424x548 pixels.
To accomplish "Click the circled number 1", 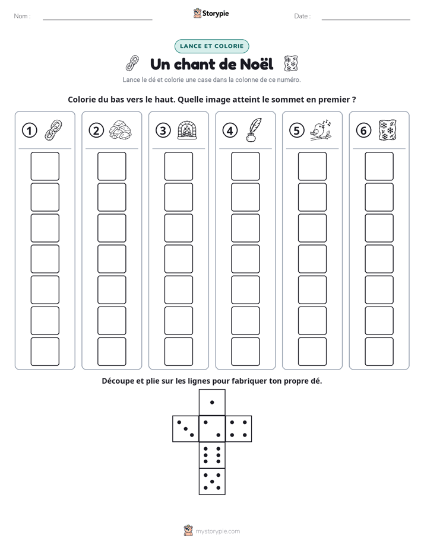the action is pos(29,130).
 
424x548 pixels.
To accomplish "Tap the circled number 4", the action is pos(230,130).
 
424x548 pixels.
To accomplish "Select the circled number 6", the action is pos(363,130).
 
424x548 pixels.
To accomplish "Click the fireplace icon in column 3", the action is pos(187,130).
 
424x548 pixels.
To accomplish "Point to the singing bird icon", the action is pos(321,130).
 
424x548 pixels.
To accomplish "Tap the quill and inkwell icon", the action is pos(254,130).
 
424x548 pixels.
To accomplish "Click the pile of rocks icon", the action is pos(121,130).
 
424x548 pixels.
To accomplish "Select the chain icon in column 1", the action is pos(53,130).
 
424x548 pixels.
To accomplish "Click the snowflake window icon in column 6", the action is pos(388,130).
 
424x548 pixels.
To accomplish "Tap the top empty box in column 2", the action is pos(112,166).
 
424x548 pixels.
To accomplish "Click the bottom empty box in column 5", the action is pos(312,352).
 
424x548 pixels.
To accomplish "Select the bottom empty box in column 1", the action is pos(45,352).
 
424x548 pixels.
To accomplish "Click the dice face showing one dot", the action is pos(212,402).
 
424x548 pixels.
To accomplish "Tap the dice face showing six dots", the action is pos(212,455).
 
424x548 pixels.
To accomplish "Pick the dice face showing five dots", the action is pos(212,482).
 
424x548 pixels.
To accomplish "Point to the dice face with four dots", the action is pos(239,429).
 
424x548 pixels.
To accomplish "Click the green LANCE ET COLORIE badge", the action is pos(211,46).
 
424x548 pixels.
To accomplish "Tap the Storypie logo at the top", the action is pos(211,14).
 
